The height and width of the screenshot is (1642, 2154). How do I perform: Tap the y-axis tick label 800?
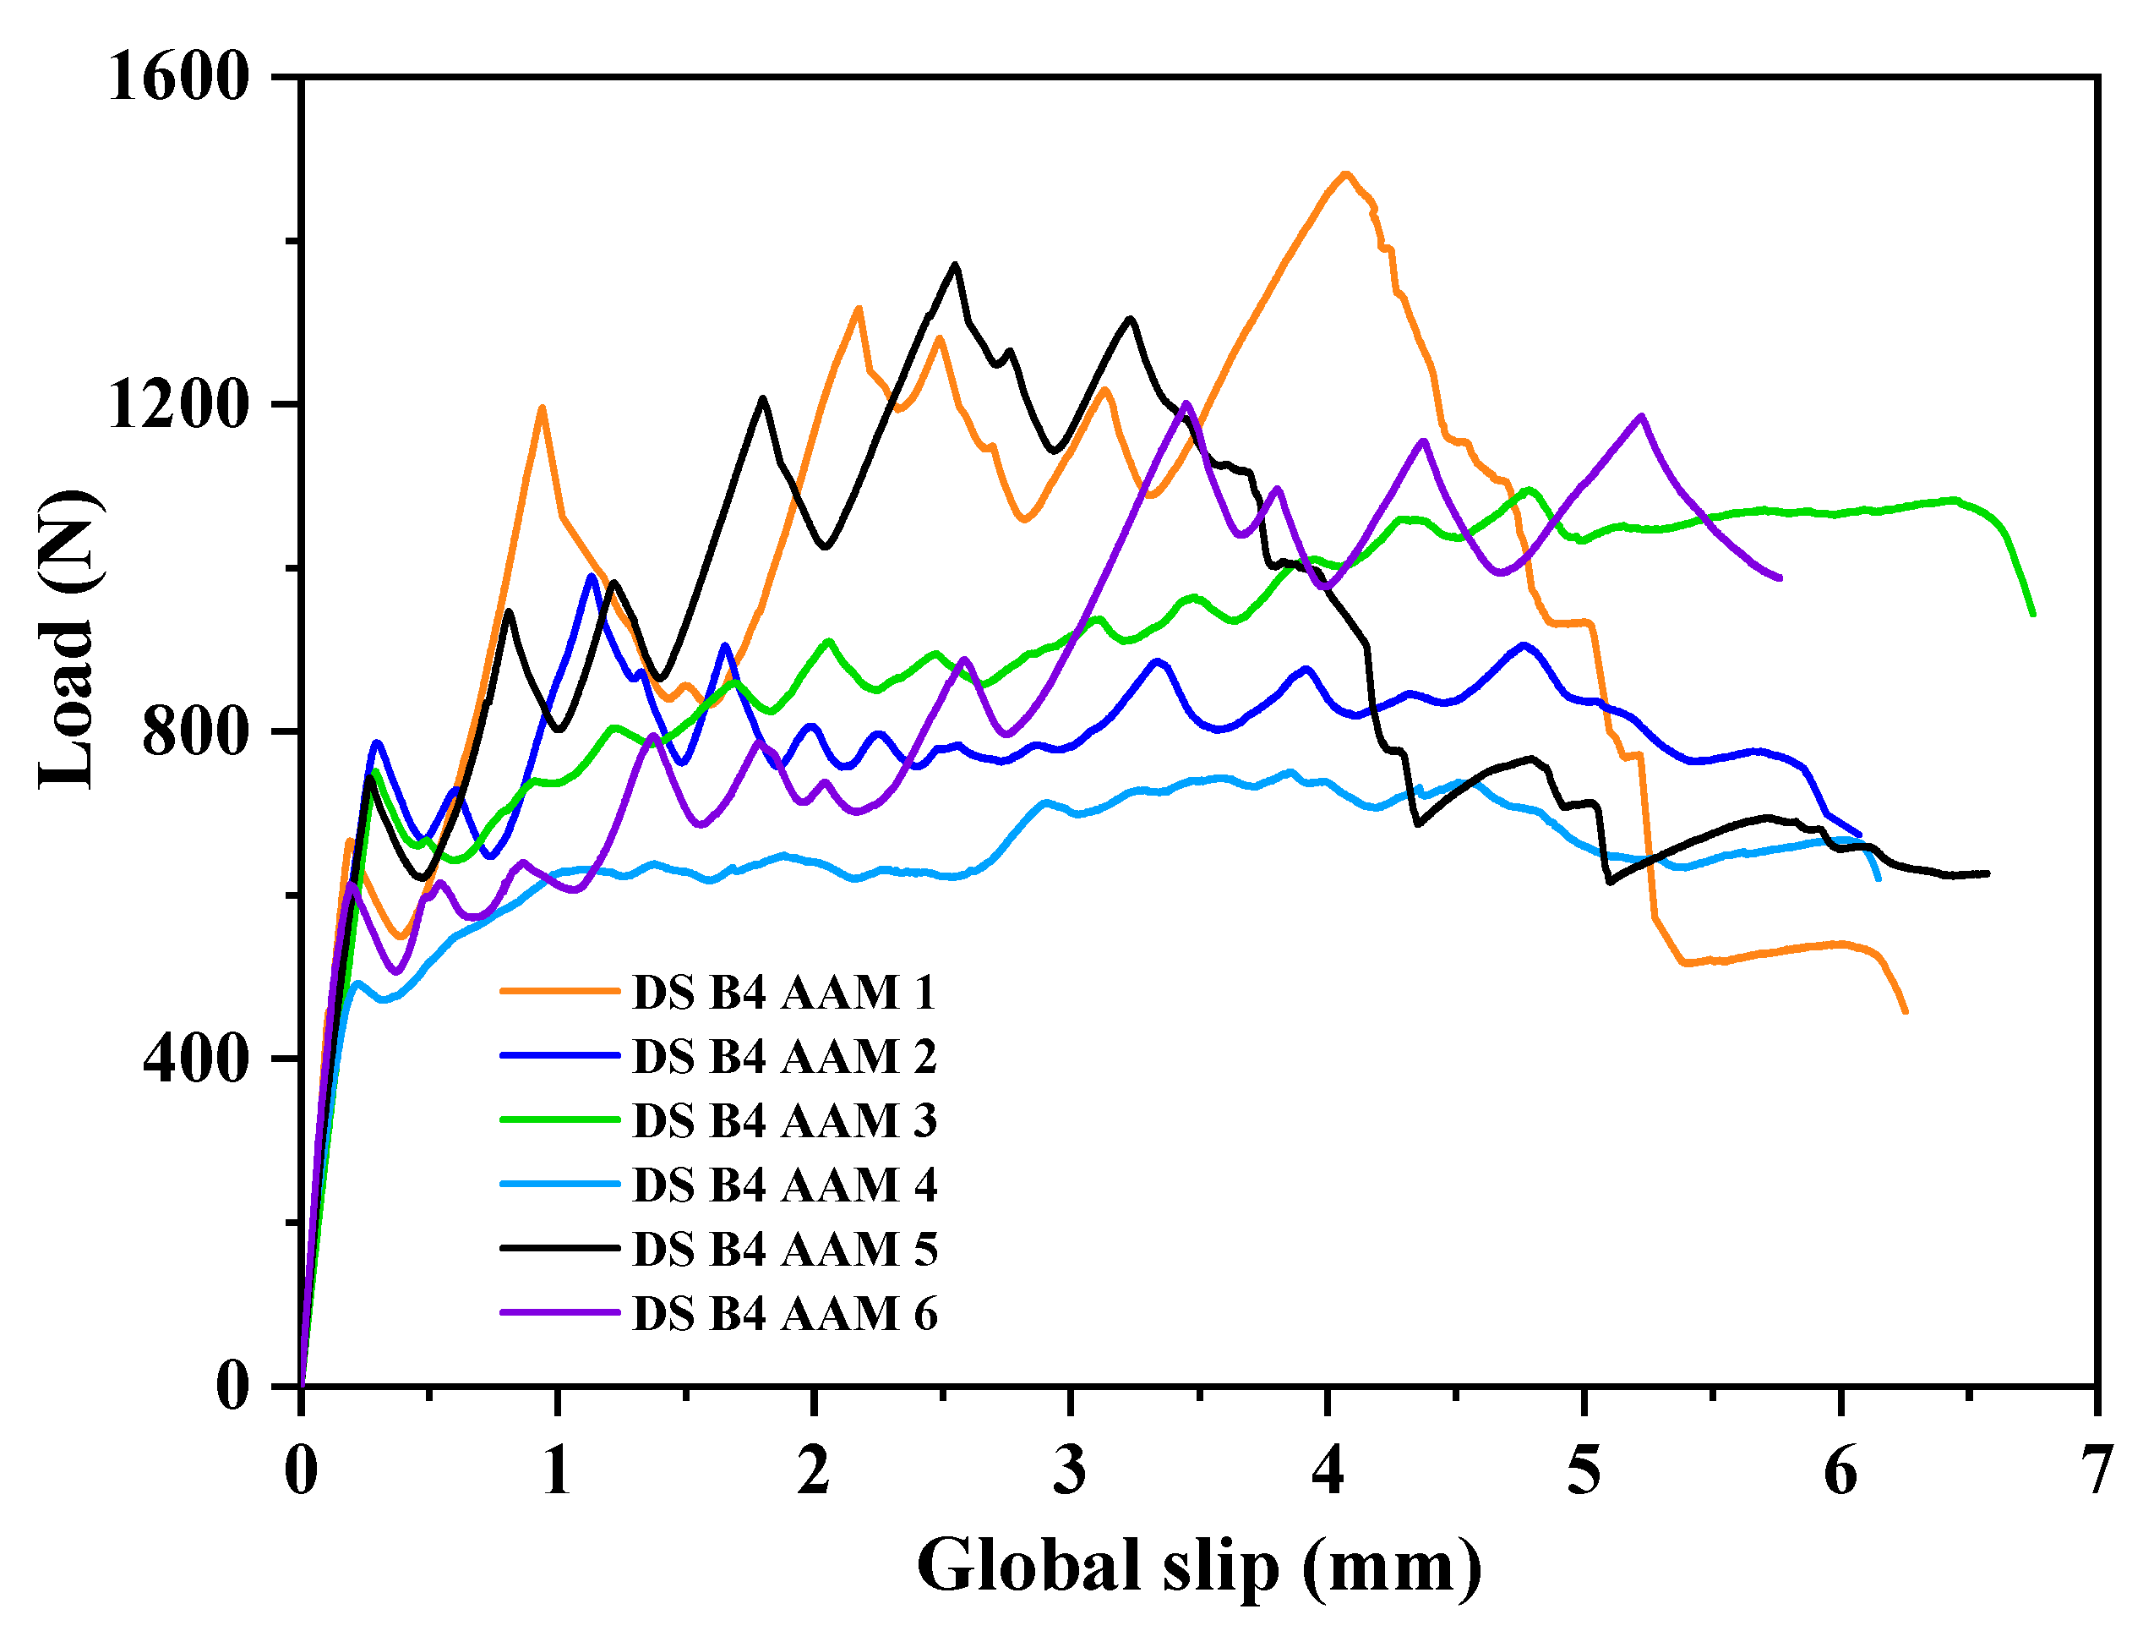[x=195, y=733]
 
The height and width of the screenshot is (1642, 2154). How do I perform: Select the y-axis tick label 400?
[x=195, y=1059]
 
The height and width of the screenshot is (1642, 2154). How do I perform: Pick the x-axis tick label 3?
[x=1070, y=1471]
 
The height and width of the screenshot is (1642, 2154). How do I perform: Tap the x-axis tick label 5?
[x=1584, y=1471]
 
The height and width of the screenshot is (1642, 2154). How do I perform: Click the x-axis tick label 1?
[x=557, y=1471]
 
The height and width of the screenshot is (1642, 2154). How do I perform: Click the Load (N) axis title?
[x=68, y=640]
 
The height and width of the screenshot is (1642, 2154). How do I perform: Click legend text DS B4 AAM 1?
[x=784, y=993]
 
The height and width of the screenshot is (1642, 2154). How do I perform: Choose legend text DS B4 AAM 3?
[x=784, y=1121]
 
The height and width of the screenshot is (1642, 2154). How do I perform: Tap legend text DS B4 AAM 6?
[x=784, y=1314]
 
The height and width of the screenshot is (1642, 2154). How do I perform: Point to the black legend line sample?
[x=559, y=1248]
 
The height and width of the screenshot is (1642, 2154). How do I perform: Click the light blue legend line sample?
[x=559, y=1184]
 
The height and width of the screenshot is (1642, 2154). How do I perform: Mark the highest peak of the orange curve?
[x=1346, y=174]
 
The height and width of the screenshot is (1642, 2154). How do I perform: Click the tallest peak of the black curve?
[x=954, y=265]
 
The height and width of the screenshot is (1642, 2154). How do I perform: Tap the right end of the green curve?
[x=2033, y=614]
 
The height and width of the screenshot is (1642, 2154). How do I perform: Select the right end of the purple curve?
[x=1780, y=577]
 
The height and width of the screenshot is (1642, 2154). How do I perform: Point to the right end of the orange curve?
[x=1905, y=1011]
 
